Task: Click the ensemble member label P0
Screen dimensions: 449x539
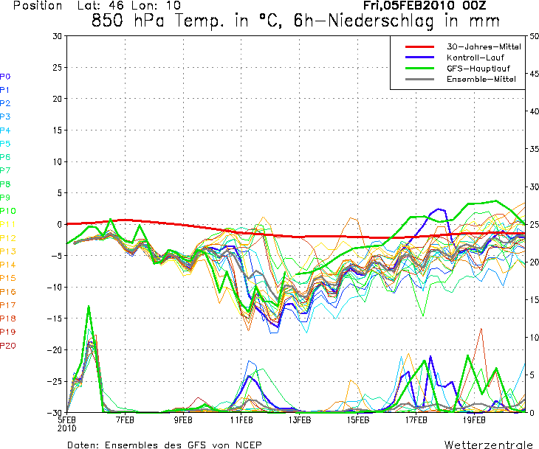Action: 5,76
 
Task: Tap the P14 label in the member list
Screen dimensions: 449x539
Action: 7,265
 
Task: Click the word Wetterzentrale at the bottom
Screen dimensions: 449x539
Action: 487,445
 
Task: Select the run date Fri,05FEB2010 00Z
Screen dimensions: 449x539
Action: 424,6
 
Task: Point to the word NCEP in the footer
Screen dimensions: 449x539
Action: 247,445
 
